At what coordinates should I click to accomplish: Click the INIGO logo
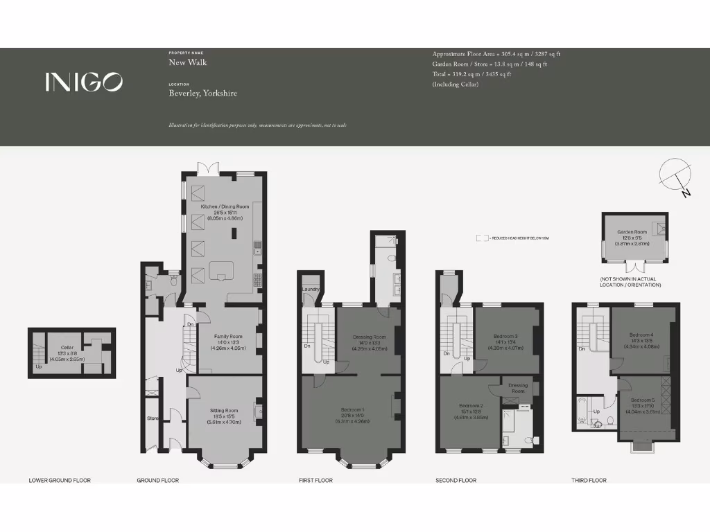tap(84, 82)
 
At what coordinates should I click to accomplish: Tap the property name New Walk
tap(188, 62)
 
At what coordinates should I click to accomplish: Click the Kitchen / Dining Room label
tap(224, 207)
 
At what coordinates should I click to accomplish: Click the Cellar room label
tap(67, 347)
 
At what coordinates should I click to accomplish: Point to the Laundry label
tap(310, 290)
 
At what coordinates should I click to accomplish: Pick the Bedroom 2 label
tap(471, 406)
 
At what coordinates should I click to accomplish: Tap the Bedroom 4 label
tap(642, 335)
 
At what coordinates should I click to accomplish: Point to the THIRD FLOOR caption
tap(589, 480)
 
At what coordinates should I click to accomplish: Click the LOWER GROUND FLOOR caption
tap(60, 480)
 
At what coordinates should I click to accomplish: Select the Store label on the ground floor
tap(153, 418)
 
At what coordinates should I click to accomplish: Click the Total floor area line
tap(471, 74)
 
